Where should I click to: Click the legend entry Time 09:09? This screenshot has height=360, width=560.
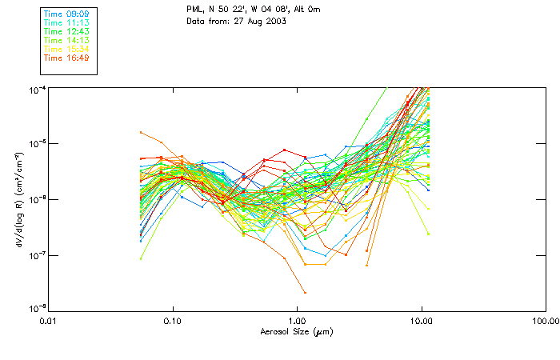pyautogui.click(x=66, y=14)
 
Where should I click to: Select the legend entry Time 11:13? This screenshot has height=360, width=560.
pyautogui.click(x=66, y=23)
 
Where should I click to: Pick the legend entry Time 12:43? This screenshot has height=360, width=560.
pyautogui.click(x=66, y=31)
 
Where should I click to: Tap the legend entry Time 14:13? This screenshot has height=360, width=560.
pyautogui.click(x=66, y=40)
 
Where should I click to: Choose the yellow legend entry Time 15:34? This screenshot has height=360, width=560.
pyautogui.click(x=66, y=49)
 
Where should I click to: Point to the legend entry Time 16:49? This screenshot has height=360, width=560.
pyautogui.click(x=66, y=58)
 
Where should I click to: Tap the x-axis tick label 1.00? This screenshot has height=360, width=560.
pyautogui.click(x=297, y=320)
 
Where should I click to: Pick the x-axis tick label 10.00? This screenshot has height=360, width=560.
pyautogui.click(x=421, y=320)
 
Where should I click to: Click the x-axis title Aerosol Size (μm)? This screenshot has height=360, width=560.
pyautogui.click(x=296, y=331)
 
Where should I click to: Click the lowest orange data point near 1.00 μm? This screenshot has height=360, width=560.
pyautogui.click(x=304, y=293)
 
